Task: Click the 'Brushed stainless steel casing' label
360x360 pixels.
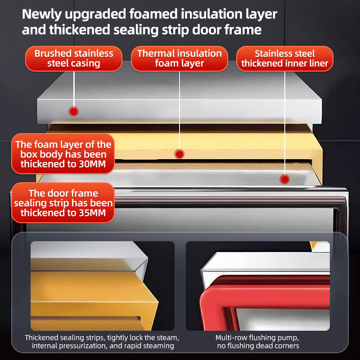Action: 74,58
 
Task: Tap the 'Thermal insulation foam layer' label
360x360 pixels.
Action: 179,58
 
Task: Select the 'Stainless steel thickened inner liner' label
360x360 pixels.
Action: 285,58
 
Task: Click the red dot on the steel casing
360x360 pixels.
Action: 74,112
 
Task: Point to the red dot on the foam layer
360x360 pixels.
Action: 179,154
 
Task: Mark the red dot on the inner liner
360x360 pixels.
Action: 285,179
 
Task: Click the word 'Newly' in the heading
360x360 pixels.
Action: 41,14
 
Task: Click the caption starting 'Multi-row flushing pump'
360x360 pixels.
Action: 257,342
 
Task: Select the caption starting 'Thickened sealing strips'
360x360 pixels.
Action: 102,342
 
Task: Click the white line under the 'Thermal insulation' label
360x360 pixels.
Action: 180,110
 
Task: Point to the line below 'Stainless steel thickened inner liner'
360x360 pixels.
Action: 285,123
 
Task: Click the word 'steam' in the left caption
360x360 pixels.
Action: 167,338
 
